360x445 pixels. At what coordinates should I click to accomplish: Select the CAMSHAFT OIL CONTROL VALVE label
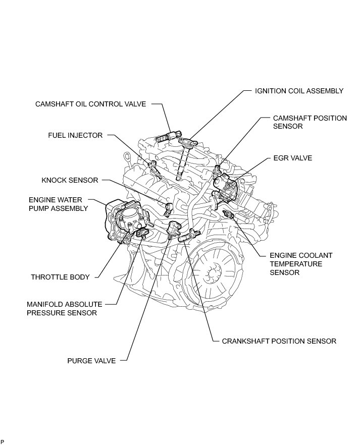pos(90,104)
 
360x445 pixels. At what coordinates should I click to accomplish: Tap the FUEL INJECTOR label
pos(75,135)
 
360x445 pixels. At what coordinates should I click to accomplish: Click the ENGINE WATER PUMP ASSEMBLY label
pos(59,204)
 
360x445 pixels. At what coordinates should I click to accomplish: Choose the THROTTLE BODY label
pos(60,277)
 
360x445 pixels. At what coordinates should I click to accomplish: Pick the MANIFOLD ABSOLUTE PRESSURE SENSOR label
pos(65,309)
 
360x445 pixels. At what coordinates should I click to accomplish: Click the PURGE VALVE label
pos(91,361)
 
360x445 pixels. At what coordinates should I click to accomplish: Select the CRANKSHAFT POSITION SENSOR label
pos(279,341)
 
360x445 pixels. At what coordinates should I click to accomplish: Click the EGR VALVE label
pos(292,158)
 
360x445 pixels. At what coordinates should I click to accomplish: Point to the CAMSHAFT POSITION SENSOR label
pos(310,122)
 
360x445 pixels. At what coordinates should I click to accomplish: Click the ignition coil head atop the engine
pos(188,143)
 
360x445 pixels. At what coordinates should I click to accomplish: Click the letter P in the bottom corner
pos(3,441)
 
